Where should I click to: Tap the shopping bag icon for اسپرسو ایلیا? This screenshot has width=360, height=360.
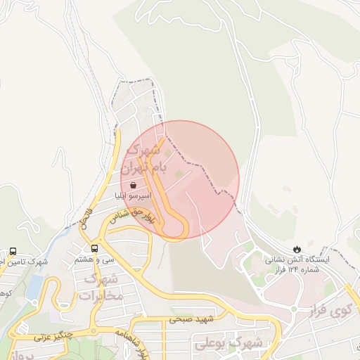pyautogui.click(x=134, y=185)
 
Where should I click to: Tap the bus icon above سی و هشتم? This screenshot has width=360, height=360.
pyautogui.click(x=95, y=248)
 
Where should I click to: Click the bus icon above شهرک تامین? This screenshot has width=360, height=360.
pyautogui.click(x=13, y=251)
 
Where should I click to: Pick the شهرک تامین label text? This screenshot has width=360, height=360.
pyautogui.click(x=25, y=262)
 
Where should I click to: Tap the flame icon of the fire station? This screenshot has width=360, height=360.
pyautogui.click(x=297, y=249)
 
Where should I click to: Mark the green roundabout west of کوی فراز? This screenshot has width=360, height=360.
pyautogui.click(x=293, y=309)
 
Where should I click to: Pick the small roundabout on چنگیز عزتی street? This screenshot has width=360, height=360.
pyautogui.click(x=91, y=331)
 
